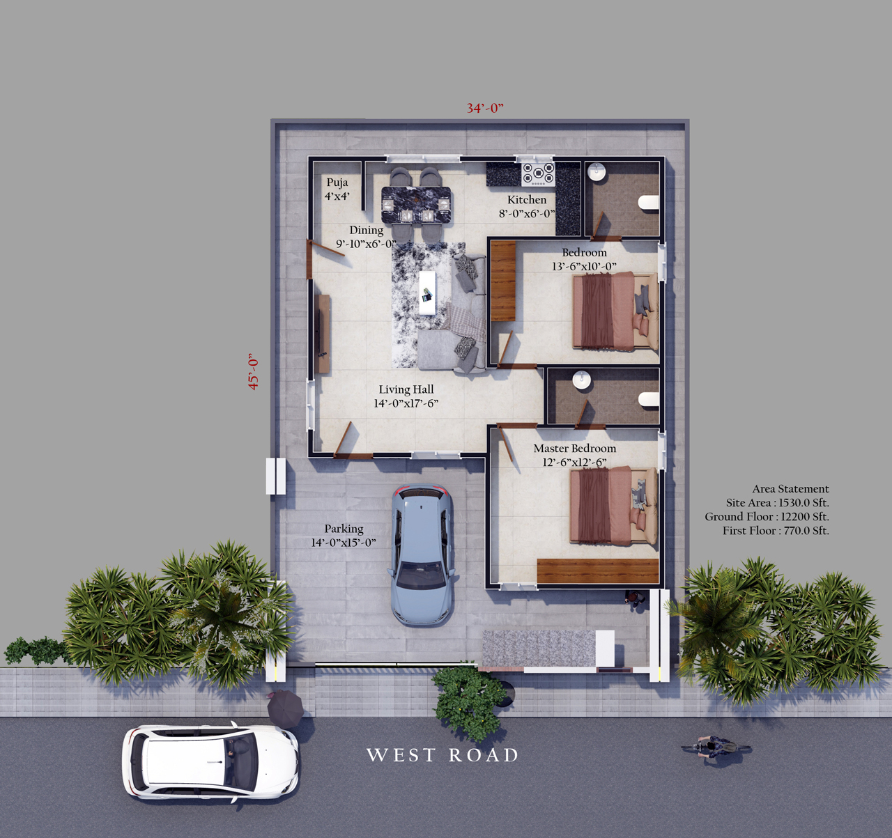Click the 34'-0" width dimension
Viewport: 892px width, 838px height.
pyautogui.click(x=485, y=108)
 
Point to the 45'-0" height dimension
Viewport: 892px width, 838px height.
pyautogui.click(x=254, y=371)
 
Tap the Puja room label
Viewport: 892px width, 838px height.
pyautogui.click(x=337, y=189)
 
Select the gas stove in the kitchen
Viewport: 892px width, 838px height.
pyautogui.click(x=538, y=174)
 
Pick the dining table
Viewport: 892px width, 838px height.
pyautogui.click(x=416, y=205)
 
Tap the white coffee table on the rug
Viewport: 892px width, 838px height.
pyautogui.click(x=427, y=293)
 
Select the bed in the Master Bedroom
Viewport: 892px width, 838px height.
pyautogui.click(x=613, y=505)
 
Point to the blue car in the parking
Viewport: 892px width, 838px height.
pyautogui.click(x=422, y=554)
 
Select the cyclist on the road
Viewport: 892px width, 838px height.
pyautogui.click(x=716, y=747)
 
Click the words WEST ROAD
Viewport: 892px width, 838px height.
pyautogui.click(x=443, y=755)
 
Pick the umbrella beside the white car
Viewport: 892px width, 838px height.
pyautogui.click(x=285, y=708)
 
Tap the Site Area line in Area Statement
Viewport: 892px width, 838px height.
pyautogui.click(x=778, y=502)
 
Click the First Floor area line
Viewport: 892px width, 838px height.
pyautogui.click(x=776, y=530)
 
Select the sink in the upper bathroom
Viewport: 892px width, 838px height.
pyautogui.click(x=597, y=172)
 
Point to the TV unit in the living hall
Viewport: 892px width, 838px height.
pyautogui.click(x=321, y=334)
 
